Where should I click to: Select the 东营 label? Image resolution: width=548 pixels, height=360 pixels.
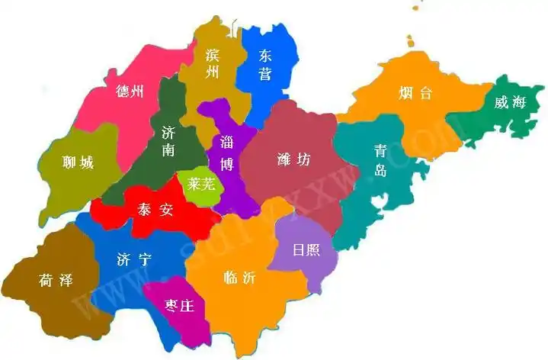264,65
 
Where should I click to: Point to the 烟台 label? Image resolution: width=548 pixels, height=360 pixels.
415,94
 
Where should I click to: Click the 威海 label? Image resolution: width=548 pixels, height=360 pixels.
509,103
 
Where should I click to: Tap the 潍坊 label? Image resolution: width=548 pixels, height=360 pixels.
293,159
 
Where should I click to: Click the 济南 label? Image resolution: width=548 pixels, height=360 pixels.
168,142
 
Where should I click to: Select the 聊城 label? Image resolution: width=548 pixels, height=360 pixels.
77,162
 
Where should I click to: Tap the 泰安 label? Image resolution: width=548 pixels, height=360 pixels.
155,210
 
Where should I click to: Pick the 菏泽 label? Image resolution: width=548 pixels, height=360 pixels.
55,280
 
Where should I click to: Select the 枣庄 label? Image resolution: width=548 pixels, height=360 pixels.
180,306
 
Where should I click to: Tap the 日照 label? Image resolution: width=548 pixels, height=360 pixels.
306,250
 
